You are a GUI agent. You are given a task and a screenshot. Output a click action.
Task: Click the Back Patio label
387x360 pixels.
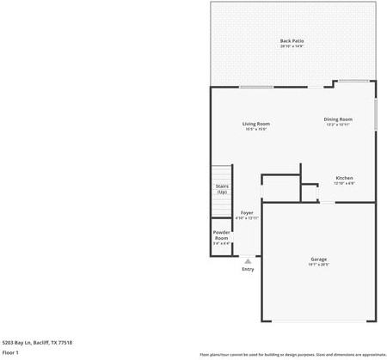click(x=292, y=41)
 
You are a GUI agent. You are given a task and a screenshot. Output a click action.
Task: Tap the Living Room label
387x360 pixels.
click(x=256, y=124)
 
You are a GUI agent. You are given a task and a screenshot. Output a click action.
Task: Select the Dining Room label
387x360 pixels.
click(x=338, y=119)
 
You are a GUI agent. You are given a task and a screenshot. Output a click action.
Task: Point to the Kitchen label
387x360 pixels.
click(x=344, y=178)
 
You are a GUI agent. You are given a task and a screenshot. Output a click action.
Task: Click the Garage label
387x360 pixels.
click(x=318, y=259)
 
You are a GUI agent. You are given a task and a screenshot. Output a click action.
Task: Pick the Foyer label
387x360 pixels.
click(x=247, y=212)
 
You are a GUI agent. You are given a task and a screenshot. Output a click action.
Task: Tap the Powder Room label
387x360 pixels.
click(x=221, y=235)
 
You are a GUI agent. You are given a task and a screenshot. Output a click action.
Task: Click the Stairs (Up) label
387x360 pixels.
click(x=221, y=188)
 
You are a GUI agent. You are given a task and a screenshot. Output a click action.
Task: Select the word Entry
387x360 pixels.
click(x=248, y=269)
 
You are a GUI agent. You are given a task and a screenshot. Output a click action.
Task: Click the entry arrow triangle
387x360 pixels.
click(x=248, y=260)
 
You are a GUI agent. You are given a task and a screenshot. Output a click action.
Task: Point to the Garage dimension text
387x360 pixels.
click(x=318, y=265)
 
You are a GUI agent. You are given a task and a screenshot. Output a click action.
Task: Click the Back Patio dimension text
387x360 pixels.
click(x=292, y=46)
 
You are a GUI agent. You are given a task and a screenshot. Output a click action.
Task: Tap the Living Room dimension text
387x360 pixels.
click(x=256, y=129)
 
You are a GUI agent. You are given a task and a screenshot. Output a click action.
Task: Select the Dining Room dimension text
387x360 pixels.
click(x=338, y=125)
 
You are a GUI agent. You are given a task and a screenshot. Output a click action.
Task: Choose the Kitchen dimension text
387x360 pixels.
click(x=344, y=183)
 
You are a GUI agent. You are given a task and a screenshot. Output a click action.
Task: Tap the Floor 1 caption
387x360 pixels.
click(x=11, y=352)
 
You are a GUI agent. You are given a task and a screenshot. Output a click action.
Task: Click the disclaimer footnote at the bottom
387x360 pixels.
click(x=292, y=354)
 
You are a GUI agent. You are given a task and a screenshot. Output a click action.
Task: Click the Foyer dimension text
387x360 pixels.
click(x=247, y=218)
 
